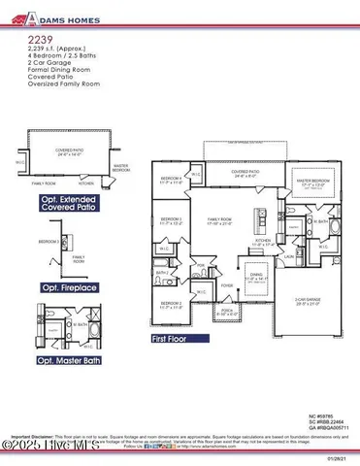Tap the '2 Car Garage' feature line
[38, 72]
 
